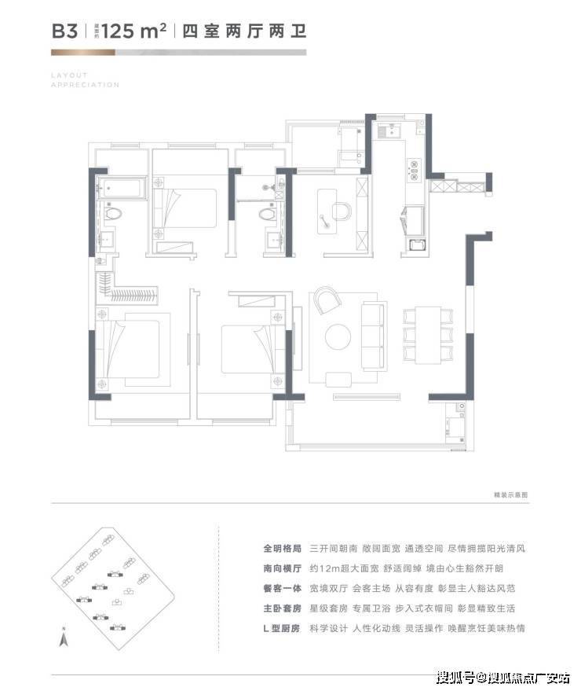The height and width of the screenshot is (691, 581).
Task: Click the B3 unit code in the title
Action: pos(65,31)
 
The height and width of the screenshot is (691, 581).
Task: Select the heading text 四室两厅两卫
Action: pos(243,32)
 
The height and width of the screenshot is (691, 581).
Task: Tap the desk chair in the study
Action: pos(340,211)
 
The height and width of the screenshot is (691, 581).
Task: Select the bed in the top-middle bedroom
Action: pos(188,208)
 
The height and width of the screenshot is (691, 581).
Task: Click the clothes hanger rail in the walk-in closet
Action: pos(133,296)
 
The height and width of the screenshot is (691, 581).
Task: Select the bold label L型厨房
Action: pos(280,629)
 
